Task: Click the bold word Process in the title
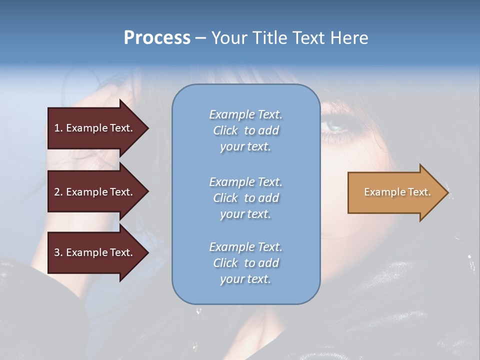pyautogui.click(x=157, y=38)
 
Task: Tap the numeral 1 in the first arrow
pyautogui.click(x=57, y=128)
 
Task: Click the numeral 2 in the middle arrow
pyautogui.click(x=57, y=192)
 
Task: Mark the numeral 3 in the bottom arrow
pyautogui.click(x=57, y=252)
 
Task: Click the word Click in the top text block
pyautogui.click(x=225, y=130)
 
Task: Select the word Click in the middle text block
pyautogui.click(x=225, y=198)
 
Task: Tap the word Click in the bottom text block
pyautogui.click(x=225, y=263)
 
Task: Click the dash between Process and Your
pyautogui.click(x=200, y=38)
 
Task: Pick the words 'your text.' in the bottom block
pyautogui.click(x=245, y=279)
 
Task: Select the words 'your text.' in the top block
pyautogui.click(x=245, y=146)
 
